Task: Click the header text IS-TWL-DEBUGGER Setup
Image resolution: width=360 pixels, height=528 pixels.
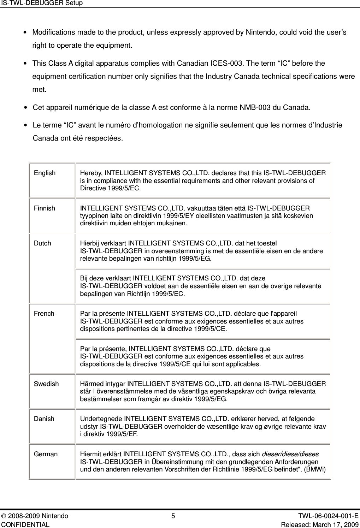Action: pyautogui.click(x=41, y=3)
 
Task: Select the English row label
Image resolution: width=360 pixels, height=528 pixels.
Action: pyautogui.click(x=45, y=173)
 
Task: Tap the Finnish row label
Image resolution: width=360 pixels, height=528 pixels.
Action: pyautogui.click(x=45, y=208)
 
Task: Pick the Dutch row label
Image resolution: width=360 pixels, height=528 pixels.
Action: pyautogui.click(x=42, y=243)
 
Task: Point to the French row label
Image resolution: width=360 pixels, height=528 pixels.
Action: pyautogui.click(x=44, y=314)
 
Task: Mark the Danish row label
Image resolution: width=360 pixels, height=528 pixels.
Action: pyautogui.click(x=44, y=419)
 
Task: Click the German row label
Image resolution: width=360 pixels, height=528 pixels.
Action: pyautogui.click(x=46, y=454)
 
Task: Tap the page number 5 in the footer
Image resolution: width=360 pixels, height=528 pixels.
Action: pyautogui.click(x=173, y=516)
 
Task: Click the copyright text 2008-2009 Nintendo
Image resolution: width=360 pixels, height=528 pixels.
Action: pyautogui.click(x=38, y=516)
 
